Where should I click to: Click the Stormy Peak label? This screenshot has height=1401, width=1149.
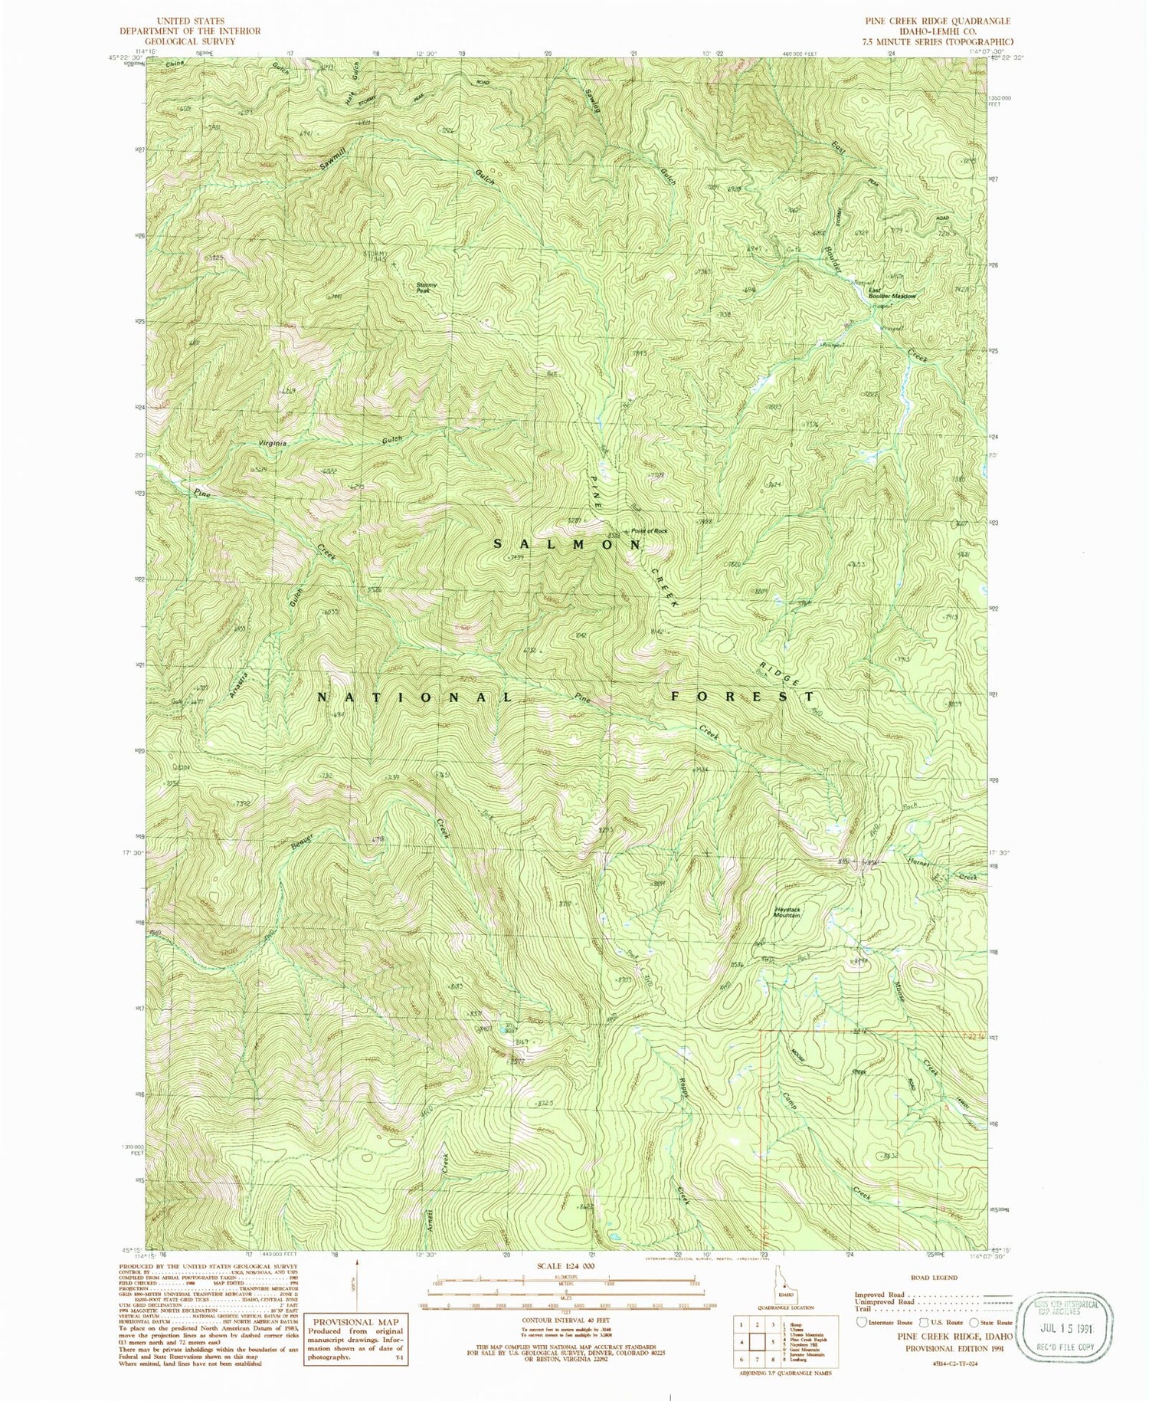pyautogui.click(x=427, y=288)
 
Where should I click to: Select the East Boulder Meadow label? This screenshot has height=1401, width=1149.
pyautogui.click(x=891, y=293)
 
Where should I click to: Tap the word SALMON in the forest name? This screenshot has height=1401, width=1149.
pyautogui.click(x=567, y=543)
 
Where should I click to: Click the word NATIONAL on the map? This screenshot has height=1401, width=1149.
pyautogui.click(x=414, y=697)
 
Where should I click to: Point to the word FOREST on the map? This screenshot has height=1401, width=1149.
pyautogui.click(x=742, y=696)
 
